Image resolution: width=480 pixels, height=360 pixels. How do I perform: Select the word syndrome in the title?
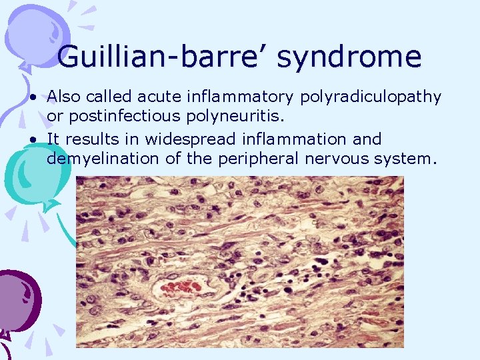[x=349, y=57]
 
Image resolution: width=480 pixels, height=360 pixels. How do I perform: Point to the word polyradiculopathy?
[x=371, y=97]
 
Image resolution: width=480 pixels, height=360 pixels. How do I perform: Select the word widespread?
[x=202, y=139]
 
